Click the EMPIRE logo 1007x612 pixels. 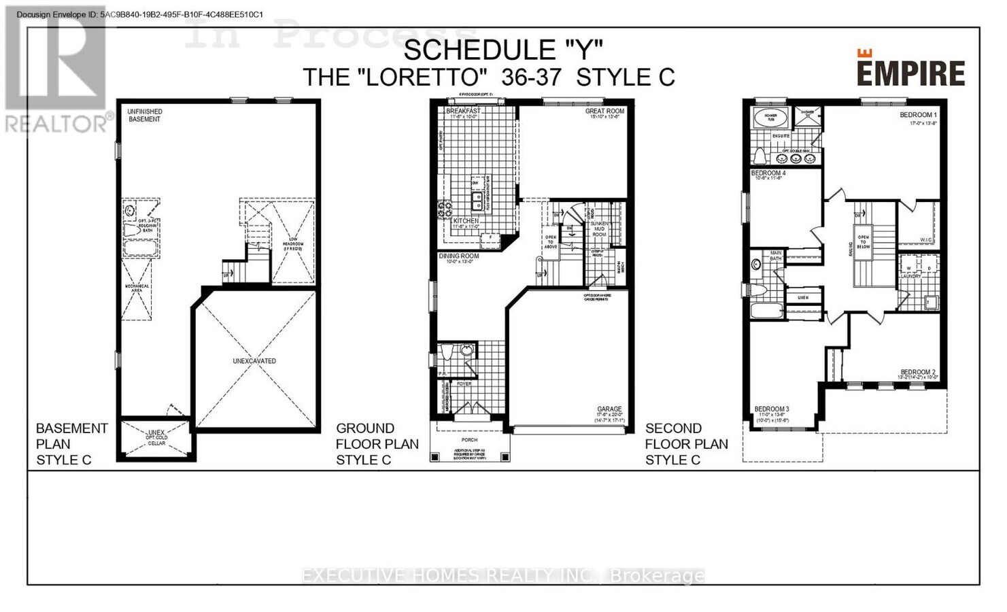click(x=910, y=70)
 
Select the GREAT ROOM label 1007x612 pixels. click(x=604, y=111)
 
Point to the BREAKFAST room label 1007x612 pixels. click(x=463, y=111)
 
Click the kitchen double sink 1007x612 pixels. click(x=478, y=201)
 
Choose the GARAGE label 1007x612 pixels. click(x=609, y=409)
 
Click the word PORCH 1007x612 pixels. click(x=469, y=440)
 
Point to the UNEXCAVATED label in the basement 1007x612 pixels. click(x=254, y=361)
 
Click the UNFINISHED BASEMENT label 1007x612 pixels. click(x=145, y=115)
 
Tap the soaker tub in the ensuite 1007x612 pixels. click(x=770, y=118)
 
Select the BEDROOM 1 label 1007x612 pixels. click(x=918, y=115)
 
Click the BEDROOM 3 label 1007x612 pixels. click(x=771, y=409)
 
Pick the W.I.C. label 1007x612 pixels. click(x=925, y=239)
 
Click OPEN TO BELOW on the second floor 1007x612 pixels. click(x=863, y=242)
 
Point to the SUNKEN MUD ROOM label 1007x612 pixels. click(x=599, y=228)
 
